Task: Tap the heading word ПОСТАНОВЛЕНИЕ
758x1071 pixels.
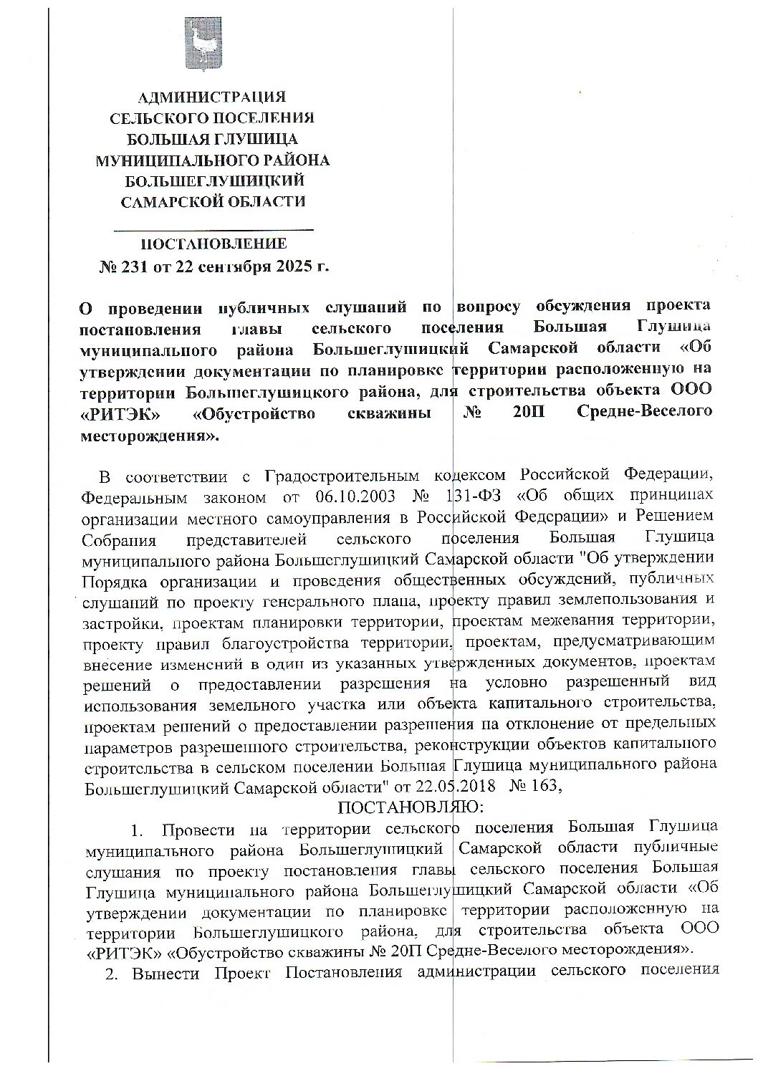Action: click(x=213, y=244)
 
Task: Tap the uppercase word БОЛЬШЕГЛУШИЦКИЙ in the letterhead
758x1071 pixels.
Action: click(x=213, y=181)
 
